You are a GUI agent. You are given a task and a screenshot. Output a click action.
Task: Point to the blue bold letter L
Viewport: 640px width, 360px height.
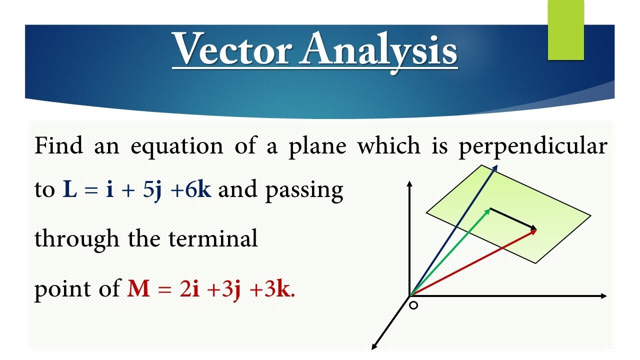coord(69,190)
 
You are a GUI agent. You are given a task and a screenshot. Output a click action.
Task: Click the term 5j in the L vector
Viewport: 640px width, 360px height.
coord(152,190)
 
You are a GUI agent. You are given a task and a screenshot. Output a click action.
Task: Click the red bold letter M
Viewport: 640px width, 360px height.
coord(138,289)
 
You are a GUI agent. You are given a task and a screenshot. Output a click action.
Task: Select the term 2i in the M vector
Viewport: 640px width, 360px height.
coord(188,289)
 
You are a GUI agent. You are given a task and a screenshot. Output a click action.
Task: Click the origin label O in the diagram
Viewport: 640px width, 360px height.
coord(413,304)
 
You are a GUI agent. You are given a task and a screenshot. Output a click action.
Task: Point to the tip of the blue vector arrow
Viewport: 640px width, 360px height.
coord(496,166)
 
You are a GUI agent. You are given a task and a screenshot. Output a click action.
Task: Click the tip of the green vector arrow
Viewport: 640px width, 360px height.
coord(488,210)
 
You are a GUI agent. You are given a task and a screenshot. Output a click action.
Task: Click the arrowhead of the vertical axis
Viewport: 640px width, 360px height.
coord(409,183)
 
